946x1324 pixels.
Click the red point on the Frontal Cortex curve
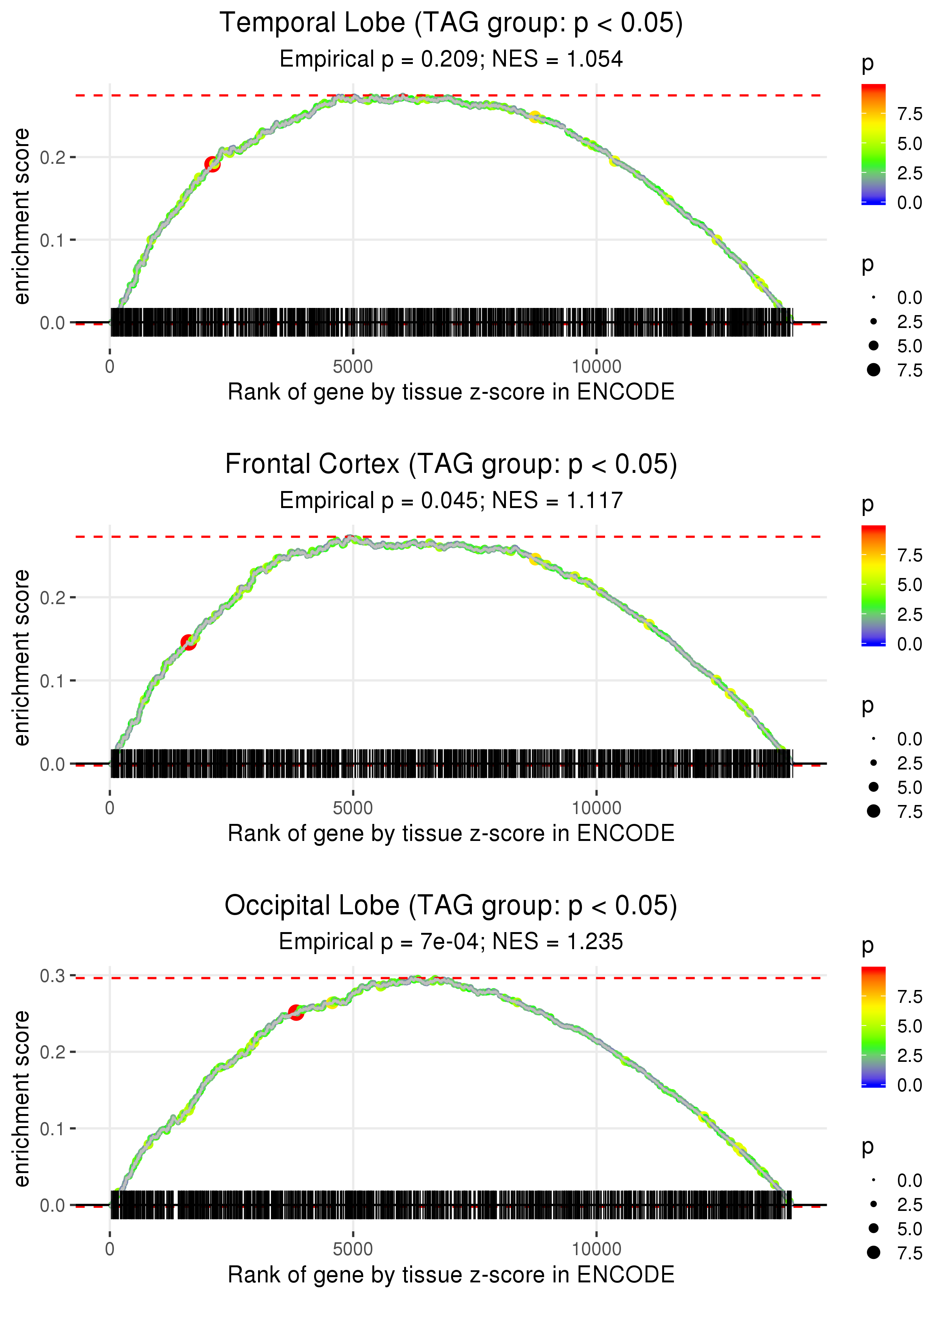188,642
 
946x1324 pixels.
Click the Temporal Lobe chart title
451,23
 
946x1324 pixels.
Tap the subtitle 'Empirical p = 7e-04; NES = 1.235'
451,942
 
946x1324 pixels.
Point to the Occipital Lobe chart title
451,906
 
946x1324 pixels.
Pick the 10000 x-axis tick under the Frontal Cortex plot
596,808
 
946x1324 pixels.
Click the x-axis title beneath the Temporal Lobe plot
451,392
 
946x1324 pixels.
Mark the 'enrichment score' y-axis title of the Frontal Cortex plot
22,657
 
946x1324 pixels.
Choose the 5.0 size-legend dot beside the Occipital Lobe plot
873,1228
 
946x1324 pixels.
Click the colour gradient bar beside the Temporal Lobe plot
873,144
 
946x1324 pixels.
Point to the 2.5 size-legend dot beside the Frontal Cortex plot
873,763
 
